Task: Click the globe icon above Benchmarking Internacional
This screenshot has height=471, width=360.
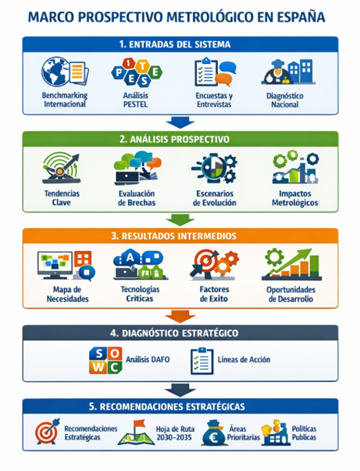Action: click(x=56, y=72)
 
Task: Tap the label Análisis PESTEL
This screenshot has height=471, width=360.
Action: click(x=135, y=100)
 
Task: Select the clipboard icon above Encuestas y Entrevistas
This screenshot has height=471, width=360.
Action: click(x=206, y=72)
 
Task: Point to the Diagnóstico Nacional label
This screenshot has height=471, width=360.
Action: click(x=285, y=100)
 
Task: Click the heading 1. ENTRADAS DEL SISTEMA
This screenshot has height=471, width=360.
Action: click(x=175, y=45)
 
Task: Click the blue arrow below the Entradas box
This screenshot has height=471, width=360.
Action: click(x=180, y=122)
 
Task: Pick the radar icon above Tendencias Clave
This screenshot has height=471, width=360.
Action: click(x=62, y=168)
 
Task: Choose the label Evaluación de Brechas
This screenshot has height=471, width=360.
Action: click(x=137, y=198)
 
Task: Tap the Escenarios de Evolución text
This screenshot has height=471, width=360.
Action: click(x=215, y=198)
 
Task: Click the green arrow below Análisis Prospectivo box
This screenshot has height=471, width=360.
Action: click(x=180, y=220)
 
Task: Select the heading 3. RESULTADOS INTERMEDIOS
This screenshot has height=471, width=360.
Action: click(x=174, y=236)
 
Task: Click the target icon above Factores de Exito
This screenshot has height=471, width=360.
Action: click(x=205, y=262)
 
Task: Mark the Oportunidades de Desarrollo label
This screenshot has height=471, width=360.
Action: click(x=291, y=294)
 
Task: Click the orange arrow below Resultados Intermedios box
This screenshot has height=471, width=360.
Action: click(x=180, y=317)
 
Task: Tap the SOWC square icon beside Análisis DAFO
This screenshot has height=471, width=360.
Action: click(x=105, y=360)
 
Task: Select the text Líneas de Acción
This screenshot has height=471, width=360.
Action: click(x=244, y=359)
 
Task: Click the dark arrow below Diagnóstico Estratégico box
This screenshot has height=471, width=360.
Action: click(x=180, y=390)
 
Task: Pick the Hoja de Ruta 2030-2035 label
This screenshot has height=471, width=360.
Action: click(x=175, y=433)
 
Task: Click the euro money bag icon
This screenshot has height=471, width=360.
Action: click(x=214, y=433)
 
